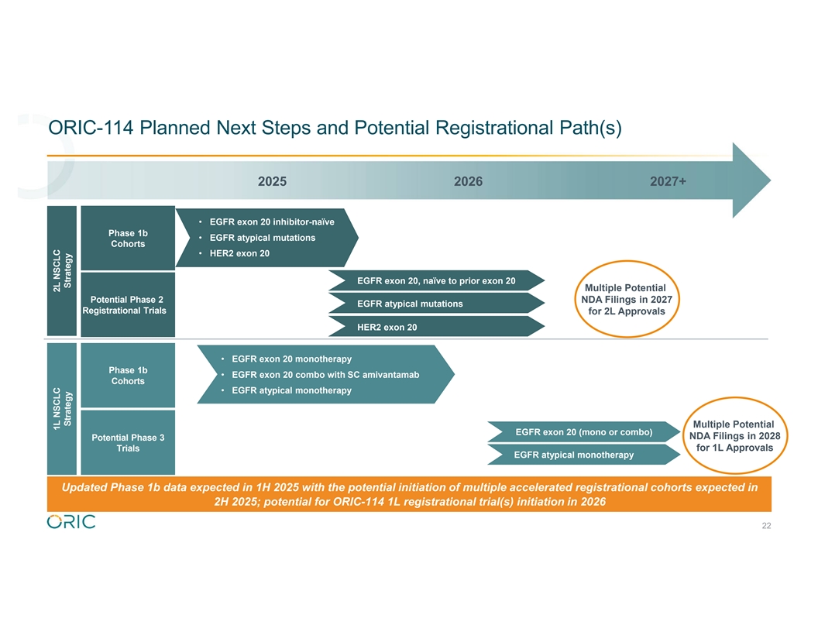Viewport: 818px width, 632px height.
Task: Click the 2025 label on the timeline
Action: point(272,181)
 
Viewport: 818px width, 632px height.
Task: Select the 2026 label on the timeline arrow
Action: point(468,181)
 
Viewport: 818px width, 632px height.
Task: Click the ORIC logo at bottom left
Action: point(71,522)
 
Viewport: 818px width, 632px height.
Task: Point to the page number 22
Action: point(766,526)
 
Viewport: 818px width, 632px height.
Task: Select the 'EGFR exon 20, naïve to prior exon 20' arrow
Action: point(435,280)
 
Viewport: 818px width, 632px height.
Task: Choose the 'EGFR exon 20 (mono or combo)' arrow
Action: point(583,431)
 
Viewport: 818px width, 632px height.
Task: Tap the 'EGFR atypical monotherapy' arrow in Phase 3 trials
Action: point(575,455)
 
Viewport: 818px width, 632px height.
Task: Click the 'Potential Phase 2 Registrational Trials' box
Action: point(127,305)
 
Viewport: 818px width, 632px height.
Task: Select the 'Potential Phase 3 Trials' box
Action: point(128,443)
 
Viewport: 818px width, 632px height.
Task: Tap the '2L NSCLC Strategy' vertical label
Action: point(62,271)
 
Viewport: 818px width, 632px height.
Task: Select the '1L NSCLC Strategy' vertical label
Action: point(62,408)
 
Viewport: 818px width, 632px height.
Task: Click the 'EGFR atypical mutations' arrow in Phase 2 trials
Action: point(410,304)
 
